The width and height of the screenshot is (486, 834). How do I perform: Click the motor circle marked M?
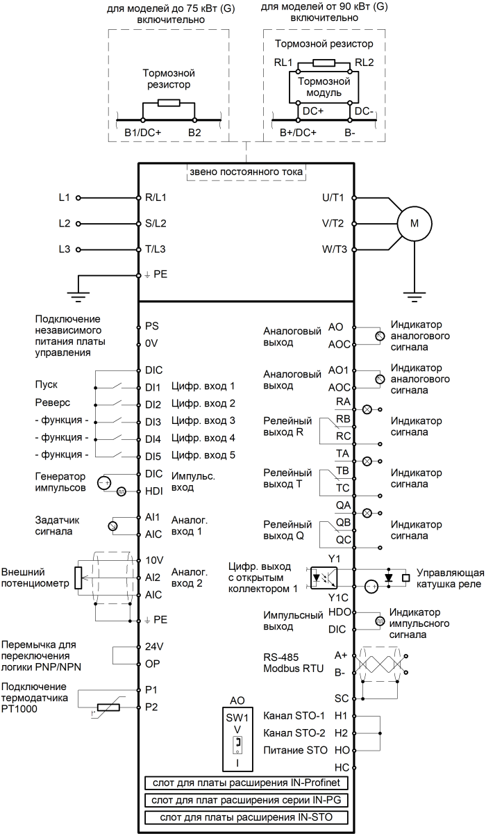(x=415, y=223)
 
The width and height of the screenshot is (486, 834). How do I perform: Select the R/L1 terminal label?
(x=156, y=197)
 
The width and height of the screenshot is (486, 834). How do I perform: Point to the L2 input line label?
(x=65, y=224)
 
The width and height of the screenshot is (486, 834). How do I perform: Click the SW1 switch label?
(x=237, y=717)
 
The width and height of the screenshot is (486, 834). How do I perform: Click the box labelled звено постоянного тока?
(x=246, y=172)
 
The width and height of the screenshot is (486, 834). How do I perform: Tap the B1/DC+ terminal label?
(x=142, y=132)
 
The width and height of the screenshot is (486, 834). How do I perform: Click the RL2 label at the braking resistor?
(x=364, y=62)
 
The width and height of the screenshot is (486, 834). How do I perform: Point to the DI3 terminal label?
(x=153, y=421)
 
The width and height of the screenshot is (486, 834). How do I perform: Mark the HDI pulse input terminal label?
(x=154, y=491)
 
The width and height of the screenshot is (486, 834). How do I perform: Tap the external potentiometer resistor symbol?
(x=78, y=576)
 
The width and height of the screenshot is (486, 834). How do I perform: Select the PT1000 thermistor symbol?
(x=108, y=708)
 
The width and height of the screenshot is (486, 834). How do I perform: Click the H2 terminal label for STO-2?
(x=340, y=733)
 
